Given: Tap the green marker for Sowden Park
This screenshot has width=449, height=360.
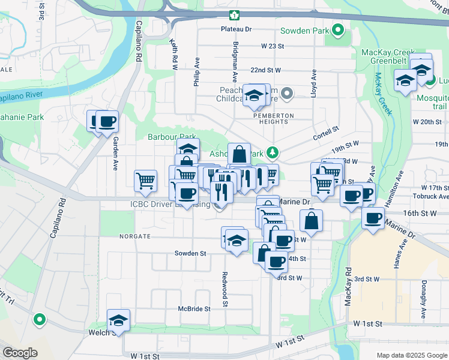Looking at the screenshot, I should tap(339, 29).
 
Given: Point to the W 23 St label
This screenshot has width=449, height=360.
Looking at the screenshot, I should tap(271, 46).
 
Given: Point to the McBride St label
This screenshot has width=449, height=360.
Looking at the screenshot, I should tap(194, 308).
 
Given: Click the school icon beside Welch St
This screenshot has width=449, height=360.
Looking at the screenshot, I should tap(119, 320).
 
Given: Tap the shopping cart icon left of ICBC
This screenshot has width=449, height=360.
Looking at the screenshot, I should tap(146, 181).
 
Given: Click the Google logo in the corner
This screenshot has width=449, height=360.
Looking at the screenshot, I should tap(19, 353).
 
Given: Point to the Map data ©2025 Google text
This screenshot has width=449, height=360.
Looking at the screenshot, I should tap(411, 355).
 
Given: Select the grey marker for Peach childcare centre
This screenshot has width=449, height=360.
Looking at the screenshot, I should tap(287, 92).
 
